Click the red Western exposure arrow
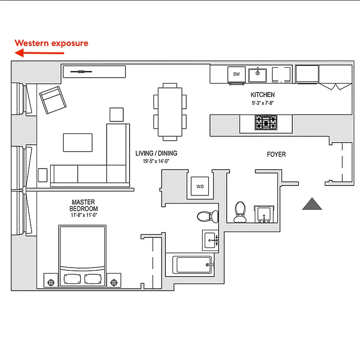pos(39,53)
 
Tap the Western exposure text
pos(51,43)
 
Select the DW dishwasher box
pos(236,74)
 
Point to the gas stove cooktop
pos(266,122)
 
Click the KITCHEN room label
pos(262,95)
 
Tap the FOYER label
pos(276,154)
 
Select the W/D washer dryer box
pos(200,186)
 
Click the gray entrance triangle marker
pos(312,204)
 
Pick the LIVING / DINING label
pos(156,153)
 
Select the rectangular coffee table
pos(78,143)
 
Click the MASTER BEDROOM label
pos(84,206)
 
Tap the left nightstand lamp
pos(51,282)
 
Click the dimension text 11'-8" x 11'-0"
pos(84,215)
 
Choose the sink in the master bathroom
pos(211,241)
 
